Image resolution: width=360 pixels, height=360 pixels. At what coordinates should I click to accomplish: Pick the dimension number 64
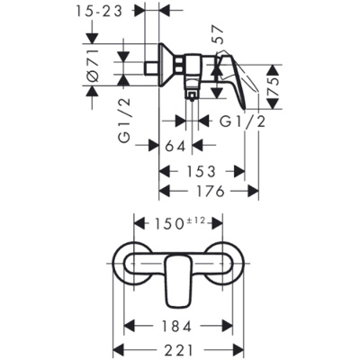tap(175, 145)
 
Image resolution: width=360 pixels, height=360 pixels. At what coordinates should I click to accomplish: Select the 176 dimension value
tap(209, 191)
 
